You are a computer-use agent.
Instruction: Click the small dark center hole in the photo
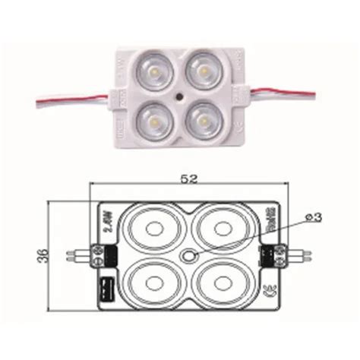tap(179, 97)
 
